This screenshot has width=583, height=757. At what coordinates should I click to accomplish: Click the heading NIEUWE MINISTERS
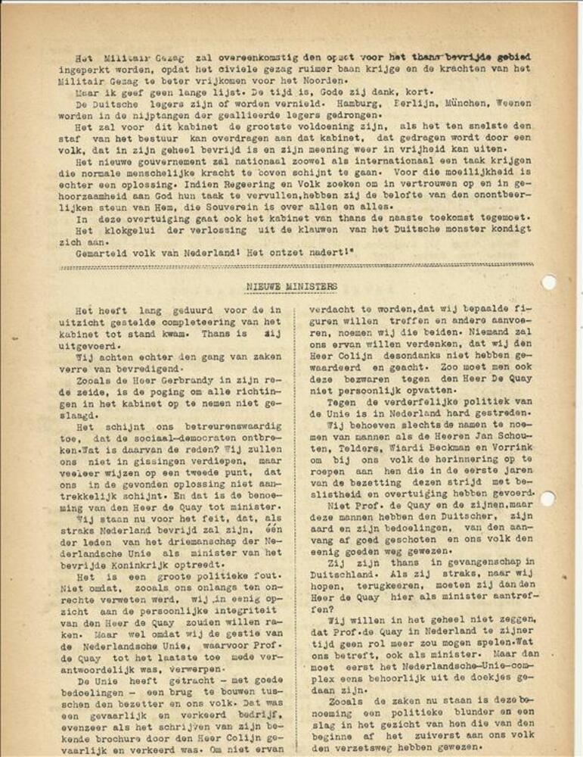click(x=291, y=287)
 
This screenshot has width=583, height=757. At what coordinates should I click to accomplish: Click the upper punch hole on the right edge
click(x=549, y=282)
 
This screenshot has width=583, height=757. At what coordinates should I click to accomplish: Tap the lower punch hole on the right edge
click(x=549, y=498)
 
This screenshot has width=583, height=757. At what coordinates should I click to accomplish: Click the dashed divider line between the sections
click(x=291, y=266)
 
